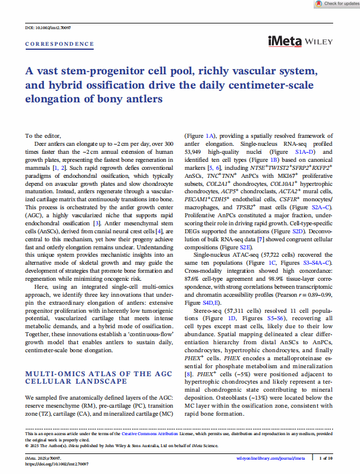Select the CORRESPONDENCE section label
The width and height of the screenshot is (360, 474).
[x=59, y=44]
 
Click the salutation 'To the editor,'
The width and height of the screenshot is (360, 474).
[x=43, y=136]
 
